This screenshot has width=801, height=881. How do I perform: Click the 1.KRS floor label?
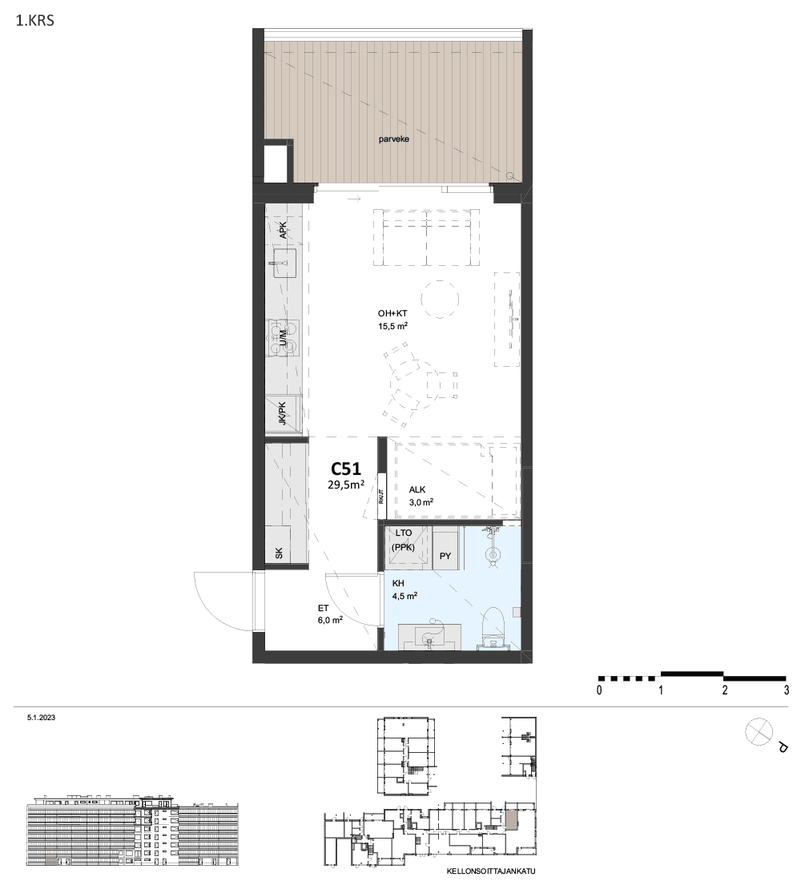click(x=35, y=22)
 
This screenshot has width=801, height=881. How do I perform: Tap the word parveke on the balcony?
click(x=393, y=139)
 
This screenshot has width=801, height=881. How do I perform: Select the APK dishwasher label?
click(x=283, y=231)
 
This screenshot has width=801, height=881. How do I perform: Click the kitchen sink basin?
click(x=285, y=263)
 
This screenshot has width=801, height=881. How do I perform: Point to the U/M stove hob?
click(x=284, y=337)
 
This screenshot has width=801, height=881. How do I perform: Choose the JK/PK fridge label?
click(x=282, y=413)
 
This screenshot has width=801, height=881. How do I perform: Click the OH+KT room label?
click(x=392, y=313)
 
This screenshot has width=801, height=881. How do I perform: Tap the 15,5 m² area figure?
click(x=392, y=326)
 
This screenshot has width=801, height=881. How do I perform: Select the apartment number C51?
click(x=346, y=469)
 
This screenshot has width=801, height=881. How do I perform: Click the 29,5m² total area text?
click(x=346, y=485)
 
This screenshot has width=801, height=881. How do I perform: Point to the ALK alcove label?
click(x=417, y=490)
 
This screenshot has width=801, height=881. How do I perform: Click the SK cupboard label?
click(x=280, y=553)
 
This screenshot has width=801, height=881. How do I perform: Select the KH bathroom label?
click(x=398, y=584)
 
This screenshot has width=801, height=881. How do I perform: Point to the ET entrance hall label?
click(x=324, y=609)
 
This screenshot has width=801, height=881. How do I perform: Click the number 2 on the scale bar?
click(x=725, y=690)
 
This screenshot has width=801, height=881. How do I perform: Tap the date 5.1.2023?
click(x=41, y=718)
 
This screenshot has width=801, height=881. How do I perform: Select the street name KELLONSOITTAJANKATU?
click(x=491, y=871)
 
